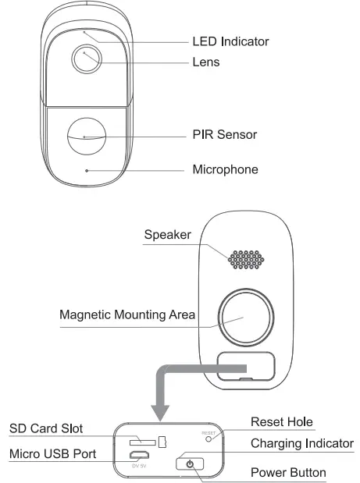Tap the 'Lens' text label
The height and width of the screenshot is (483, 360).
tap(207, 62)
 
